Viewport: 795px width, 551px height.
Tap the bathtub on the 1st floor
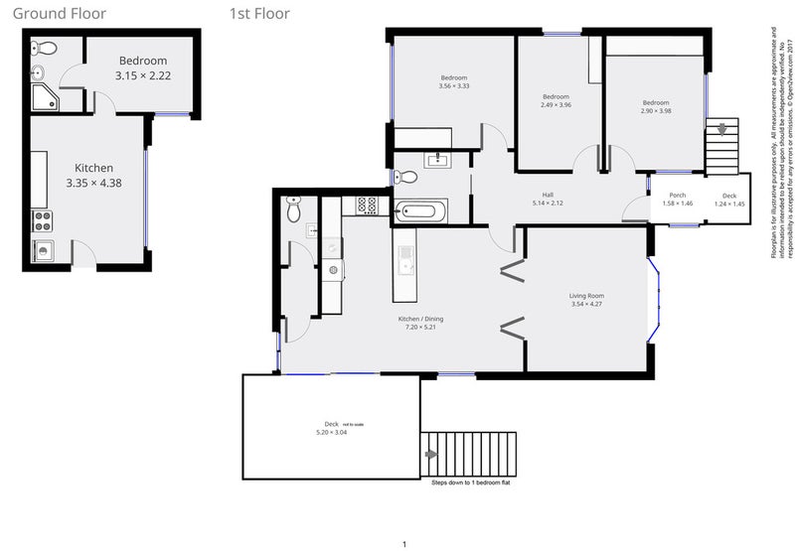[x=421, y=210]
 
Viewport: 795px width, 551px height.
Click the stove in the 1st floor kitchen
[x=366, y=207]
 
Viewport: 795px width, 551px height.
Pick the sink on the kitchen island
[x=405, y=261]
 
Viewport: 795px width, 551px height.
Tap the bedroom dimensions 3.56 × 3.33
[x=453, y=86]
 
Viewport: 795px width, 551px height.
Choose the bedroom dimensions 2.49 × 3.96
[x=558, y=105]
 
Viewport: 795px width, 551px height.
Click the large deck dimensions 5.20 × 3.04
[x=332, y=432]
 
